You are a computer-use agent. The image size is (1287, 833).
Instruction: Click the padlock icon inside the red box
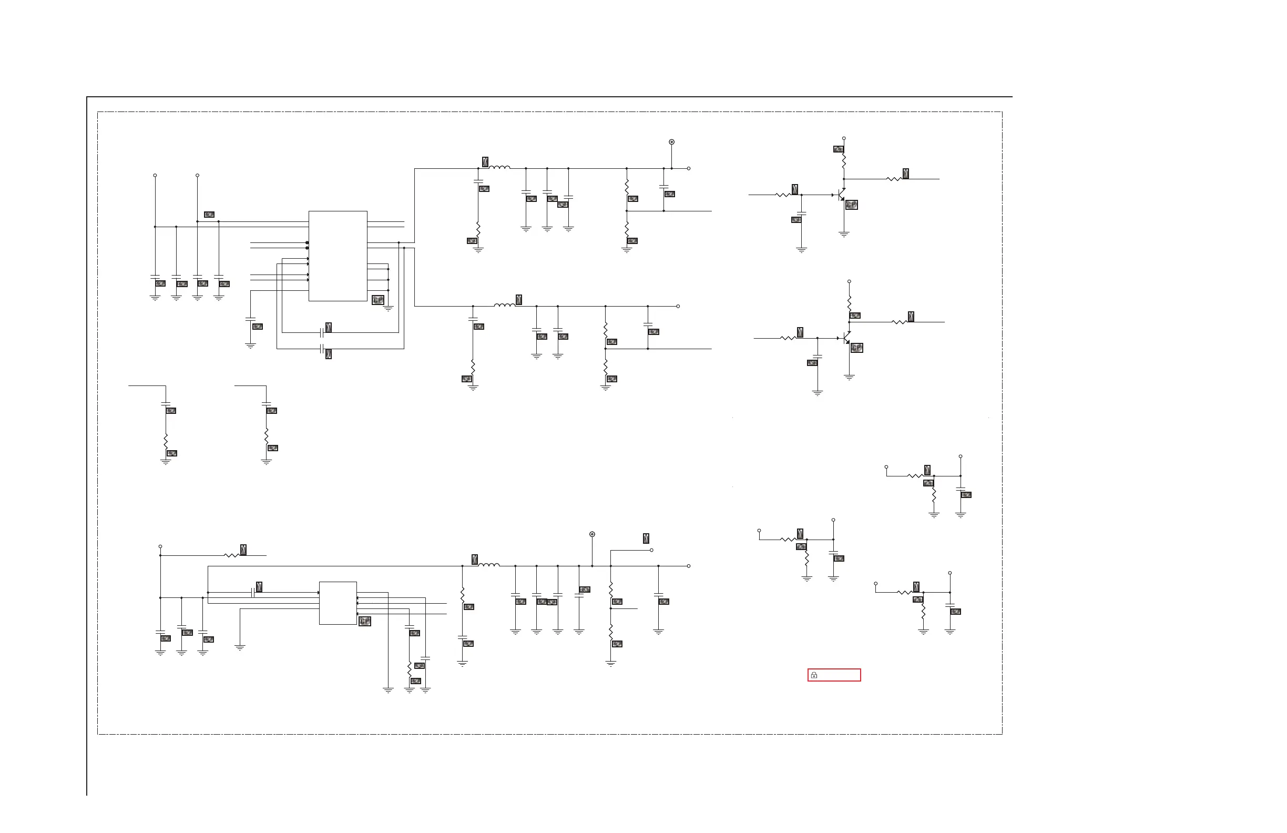814,675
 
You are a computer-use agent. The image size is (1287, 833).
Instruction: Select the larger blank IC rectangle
338,256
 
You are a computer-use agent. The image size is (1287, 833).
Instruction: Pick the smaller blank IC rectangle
338,603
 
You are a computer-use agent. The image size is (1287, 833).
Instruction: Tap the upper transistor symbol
841,195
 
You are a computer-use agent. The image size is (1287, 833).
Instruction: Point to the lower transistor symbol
847,338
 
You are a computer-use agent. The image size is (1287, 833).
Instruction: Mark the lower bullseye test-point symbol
592,534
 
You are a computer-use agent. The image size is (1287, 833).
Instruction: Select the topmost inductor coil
499,168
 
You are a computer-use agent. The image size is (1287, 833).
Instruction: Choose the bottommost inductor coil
489,565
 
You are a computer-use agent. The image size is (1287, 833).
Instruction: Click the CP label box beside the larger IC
378,300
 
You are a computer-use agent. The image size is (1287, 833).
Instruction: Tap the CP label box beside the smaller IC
365,621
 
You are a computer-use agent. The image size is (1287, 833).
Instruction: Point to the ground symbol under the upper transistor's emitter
844,235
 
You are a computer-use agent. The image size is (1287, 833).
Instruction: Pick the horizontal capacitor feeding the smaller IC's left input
253,592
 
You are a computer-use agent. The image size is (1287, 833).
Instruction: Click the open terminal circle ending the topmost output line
688,169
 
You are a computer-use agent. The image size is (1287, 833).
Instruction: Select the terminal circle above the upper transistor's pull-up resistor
844,138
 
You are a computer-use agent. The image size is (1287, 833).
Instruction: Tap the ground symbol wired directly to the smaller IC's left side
240,647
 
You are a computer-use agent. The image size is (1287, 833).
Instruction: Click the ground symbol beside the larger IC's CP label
389,309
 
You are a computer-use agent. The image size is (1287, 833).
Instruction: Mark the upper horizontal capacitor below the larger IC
322,332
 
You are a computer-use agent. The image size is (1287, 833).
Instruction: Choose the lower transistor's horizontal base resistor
789,338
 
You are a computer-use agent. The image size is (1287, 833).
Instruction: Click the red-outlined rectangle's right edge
860,675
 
